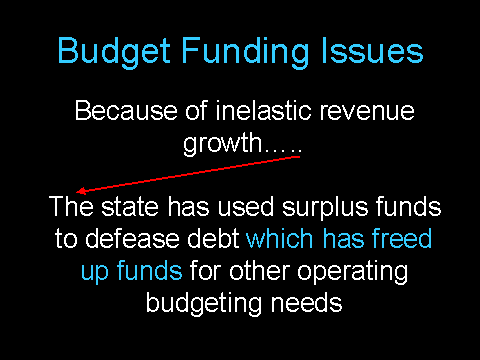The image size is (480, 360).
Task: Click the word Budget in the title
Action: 114,52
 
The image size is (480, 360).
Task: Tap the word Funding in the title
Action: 245,52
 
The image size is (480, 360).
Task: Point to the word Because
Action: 126,110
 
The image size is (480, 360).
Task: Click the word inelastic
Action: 263,110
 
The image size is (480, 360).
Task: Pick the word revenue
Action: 367,111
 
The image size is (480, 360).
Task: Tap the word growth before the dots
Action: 223,144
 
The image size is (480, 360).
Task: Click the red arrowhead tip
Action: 77,192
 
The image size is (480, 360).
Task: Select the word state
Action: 130,207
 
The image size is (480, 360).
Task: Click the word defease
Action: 133,238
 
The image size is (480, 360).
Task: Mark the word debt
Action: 213,238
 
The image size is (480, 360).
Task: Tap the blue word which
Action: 279,238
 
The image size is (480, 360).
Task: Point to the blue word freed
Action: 402,238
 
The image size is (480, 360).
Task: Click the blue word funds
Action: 149,270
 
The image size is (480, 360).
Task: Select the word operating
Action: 352,273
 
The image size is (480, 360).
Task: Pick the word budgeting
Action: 204,304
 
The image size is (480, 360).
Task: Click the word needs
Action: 306,302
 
